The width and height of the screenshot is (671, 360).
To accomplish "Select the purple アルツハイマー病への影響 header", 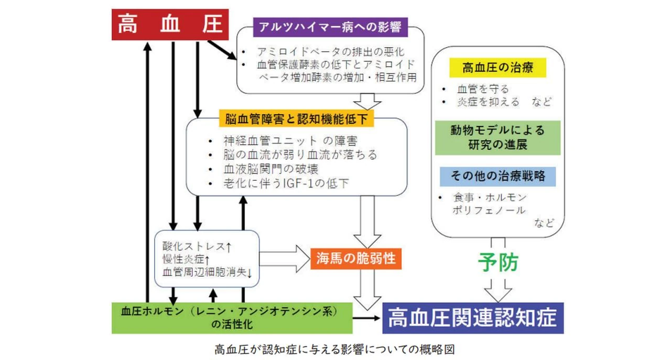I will (x=330, y=27).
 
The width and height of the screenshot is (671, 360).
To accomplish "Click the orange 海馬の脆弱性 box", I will (x=356, y=258).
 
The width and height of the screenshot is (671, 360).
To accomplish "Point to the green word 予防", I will (x=497, y=263).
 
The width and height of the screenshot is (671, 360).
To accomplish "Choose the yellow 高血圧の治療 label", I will (x=497, y=68).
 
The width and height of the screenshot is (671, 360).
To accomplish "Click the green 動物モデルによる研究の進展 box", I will (x=497, y=137).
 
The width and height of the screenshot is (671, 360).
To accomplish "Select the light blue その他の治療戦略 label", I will (x=497, y=176).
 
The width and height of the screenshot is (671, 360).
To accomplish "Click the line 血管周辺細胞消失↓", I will (x=208, y=272).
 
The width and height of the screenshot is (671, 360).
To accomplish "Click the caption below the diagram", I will (x=335, y=348).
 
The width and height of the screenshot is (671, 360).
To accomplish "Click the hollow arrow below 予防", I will (x=497, y=290).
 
